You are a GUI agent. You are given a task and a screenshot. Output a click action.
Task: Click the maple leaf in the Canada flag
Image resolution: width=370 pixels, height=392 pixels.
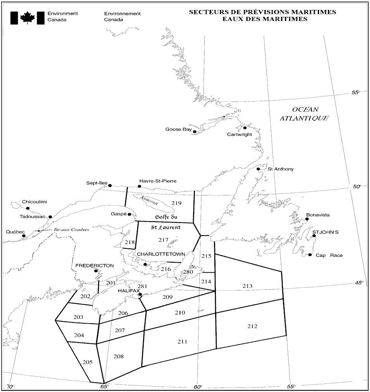tap(27, 18)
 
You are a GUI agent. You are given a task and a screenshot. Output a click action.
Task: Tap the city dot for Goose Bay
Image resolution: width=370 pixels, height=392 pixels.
tap(195, 132)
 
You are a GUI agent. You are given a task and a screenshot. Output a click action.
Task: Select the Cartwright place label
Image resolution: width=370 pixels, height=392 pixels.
tap(239, 134)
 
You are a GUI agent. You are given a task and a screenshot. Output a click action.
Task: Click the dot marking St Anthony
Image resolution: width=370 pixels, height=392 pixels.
tap(258, 169)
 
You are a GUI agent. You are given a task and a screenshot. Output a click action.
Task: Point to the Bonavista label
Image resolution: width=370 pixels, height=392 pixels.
tap(318, 215)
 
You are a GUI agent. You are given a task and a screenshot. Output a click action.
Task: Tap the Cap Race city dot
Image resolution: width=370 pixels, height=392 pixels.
tap(310, 255)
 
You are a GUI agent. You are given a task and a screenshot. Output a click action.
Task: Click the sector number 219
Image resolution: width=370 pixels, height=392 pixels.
tap(177, 203)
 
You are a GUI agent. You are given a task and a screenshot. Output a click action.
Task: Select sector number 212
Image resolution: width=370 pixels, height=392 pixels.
tap(252, 326)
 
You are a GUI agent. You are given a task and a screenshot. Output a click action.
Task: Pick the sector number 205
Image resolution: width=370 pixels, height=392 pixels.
tap(87, 362)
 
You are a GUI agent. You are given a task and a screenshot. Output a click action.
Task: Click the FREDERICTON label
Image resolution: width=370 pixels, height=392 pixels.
tap(95, 266)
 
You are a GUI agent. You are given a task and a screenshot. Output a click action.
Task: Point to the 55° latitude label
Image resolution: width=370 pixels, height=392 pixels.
tap(356, 93)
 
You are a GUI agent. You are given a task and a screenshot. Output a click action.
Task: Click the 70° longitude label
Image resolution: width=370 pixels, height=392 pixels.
tap(11, 387)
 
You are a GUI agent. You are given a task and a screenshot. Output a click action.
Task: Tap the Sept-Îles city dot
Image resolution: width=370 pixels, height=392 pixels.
tap(110, 185)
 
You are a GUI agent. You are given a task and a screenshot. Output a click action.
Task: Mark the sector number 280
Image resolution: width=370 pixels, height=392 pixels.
tap(188, 272)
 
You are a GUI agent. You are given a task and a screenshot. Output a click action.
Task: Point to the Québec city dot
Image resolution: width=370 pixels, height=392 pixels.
tap(24, 236)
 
